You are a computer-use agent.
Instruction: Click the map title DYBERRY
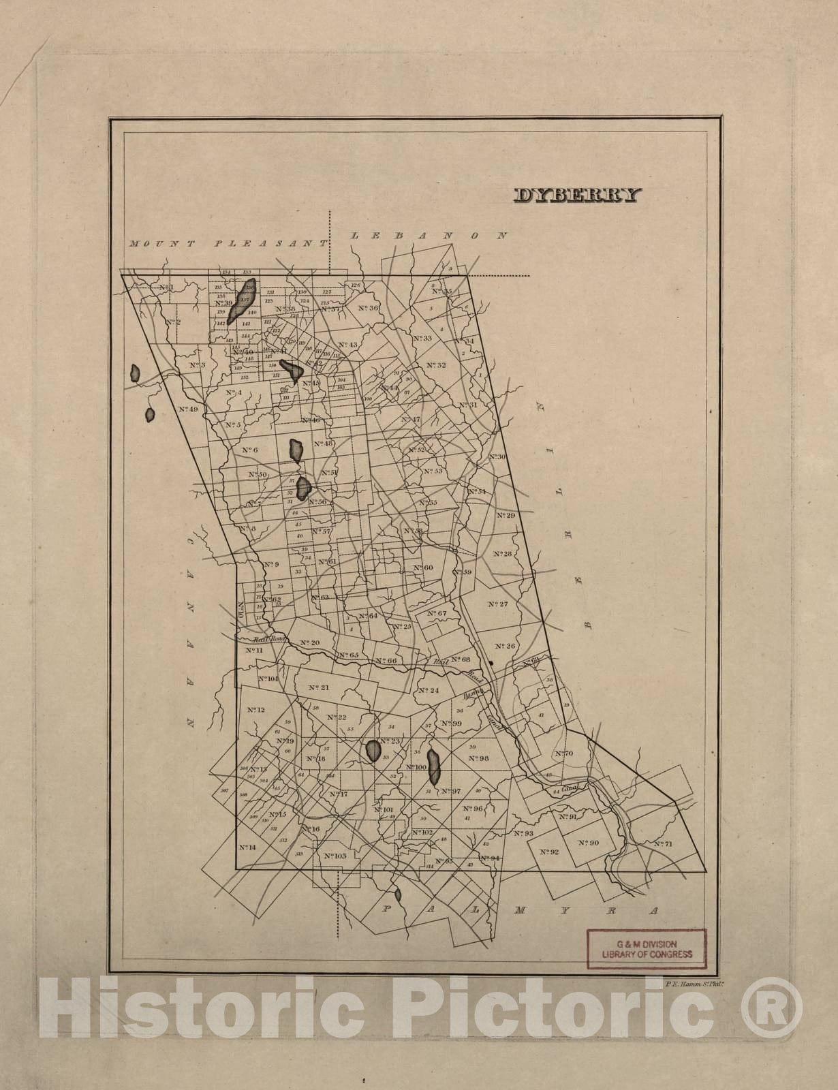[x=577, y=196]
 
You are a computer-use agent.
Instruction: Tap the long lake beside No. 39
[x=242, y=300]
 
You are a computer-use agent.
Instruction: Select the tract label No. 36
[x=369, y=309]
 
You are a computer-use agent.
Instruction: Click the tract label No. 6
[x=249, y=450]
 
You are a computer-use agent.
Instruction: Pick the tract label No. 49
[x=188, y=409]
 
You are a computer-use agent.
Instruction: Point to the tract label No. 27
[x=499, y=604]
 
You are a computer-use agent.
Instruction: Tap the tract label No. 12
[x=255, y=710]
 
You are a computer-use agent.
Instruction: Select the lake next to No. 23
[x=373, y=751]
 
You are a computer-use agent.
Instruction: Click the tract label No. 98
[x=480, y=758]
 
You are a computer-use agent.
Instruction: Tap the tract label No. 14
[x=247, y=847]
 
